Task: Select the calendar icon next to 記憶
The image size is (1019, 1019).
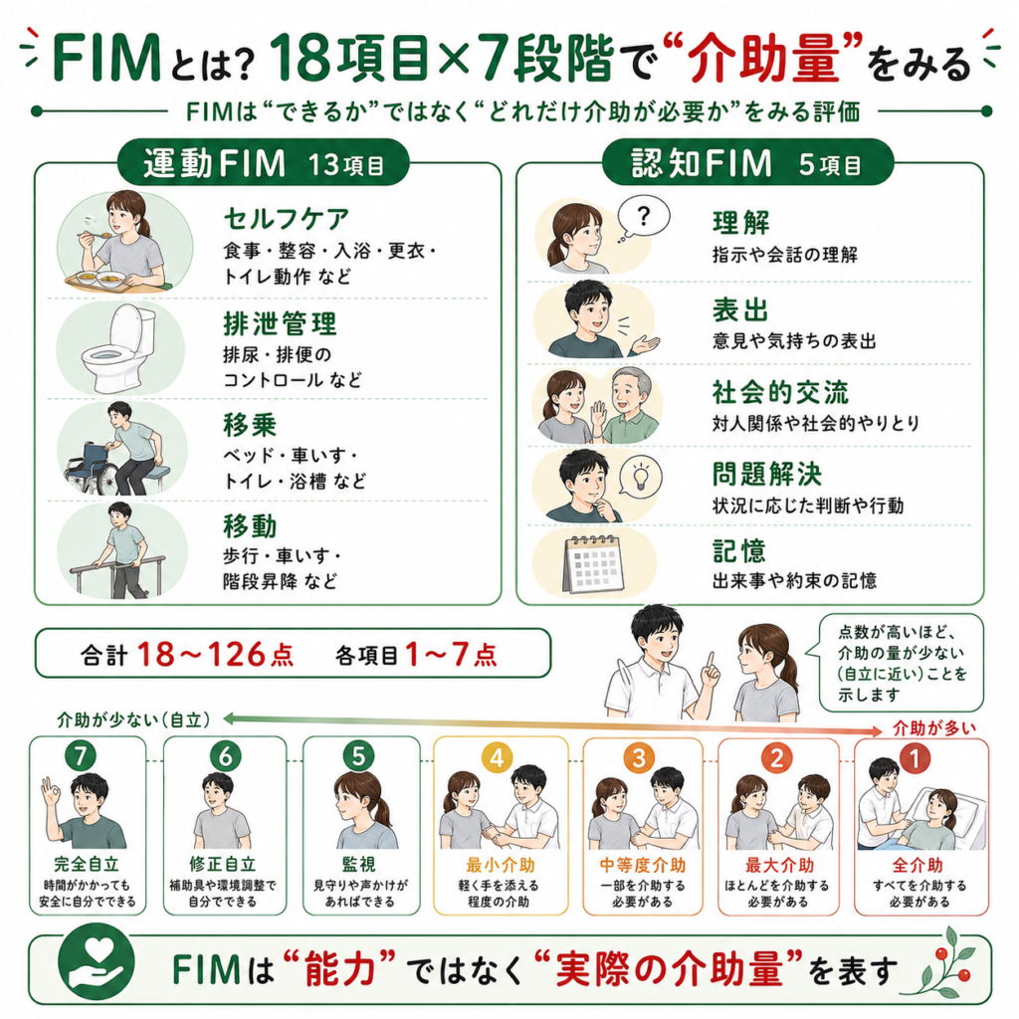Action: pyautogui.click(x=594, y=563)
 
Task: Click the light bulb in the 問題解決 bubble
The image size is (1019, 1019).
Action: pyautogui.click(x=640, y=477)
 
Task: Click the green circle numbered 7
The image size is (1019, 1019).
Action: pyautogui.click(x=81, y=756)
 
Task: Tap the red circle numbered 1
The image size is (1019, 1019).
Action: pyautogui.click(x=916, y=758)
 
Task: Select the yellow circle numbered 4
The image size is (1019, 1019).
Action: pyautogui.click(x=498, y=757)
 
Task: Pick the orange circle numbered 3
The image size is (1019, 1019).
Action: pyautogui.click(x=639, y=757)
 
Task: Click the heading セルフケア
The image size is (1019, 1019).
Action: pyautogui.click(x=287, y=219)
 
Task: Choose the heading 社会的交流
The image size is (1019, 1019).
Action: pyautogui.click(x=780, y=392)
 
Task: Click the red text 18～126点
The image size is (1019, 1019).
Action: pyautogui.click(x=215, y=654)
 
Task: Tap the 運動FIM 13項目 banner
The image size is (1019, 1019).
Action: pyautogui.click(x=263, y=162)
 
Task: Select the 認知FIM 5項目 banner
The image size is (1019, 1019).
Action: pyautogui.click(x=747, y=162)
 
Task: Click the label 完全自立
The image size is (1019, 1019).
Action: pyautogui.click(x=87, y=865)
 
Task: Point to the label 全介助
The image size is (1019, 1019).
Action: pyautogui.click(x=917, y=865)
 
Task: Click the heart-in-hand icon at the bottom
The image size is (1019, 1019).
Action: pyautogui.click(x=97, y=962)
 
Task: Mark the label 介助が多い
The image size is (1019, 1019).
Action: pyautogui.click(x=934, y=727)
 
